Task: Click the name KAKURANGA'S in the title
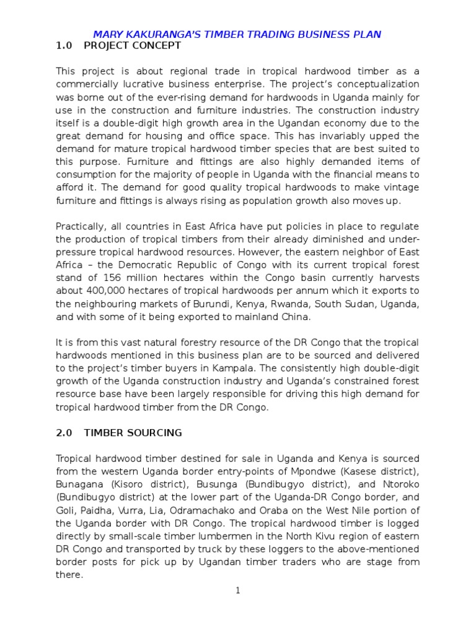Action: (153, 34)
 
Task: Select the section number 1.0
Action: (65, 45)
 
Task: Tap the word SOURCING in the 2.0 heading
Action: (154, 433)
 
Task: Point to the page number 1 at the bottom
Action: (237, 590)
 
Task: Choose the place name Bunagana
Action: (76, 484)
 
